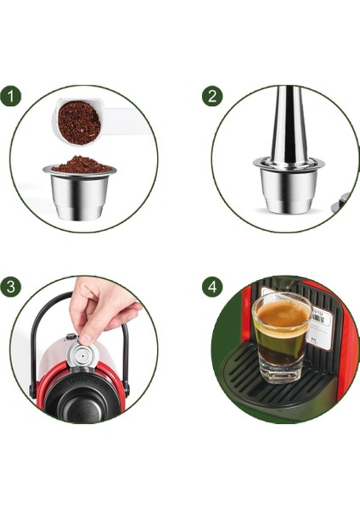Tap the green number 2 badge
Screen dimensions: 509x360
click(x=211, y=95)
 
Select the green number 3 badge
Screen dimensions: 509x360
click(x=11, y=286)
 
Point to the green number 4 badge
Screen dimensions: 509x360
click(x=211, y=287)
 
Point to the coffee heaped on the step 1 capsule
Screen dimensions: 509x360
click(x=80, y=164)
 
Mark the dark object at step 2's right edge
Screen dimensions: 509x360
click(x=343, y=201)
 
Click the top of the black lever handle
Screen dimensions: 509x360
click(x=59, y=299)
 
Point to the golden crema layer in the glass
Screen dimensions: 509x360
click(x=281, y=317)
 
